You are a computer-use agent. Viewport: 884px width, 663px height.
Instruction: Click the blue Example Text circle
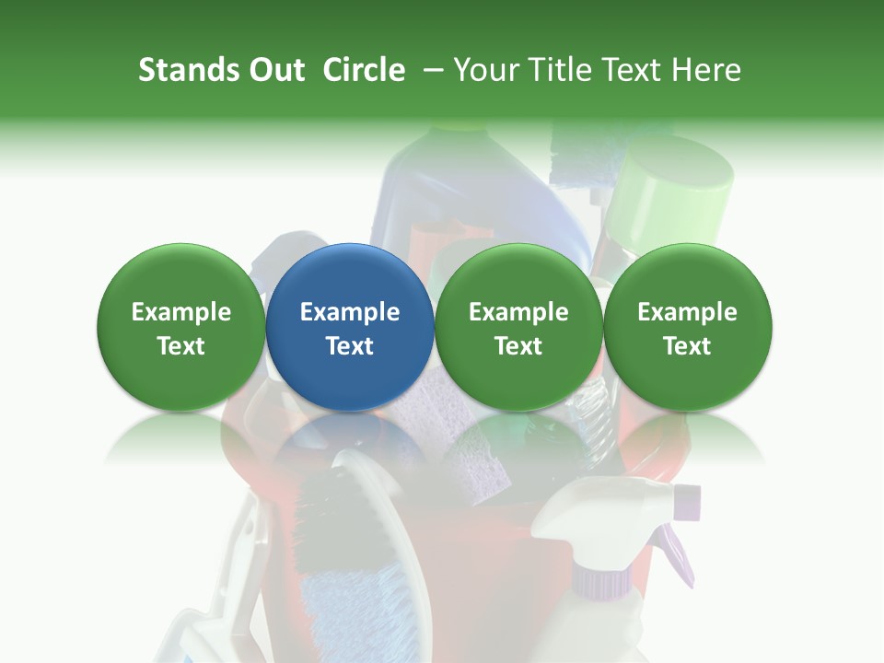(350, 327)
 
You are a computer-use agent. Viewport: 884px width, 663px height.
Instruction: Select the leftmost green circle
(181, 327)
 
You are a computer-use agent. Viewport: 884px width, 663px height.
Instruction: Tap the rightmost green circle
(687, 327)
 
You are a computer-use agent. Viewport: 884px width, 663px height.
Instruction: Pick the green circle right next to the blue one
(518, 327)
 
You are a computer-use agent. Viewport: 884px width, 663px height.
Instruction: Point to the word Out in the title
(274, 70)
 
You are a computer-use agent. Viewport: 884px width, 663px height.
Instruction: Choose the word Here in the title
(704, 70)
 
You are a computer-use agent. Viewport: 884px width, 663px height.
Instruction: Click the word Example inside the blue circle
(350, 312)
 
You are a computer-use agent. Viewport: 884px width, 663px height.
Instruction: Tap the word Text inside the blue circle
(350, 345)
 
